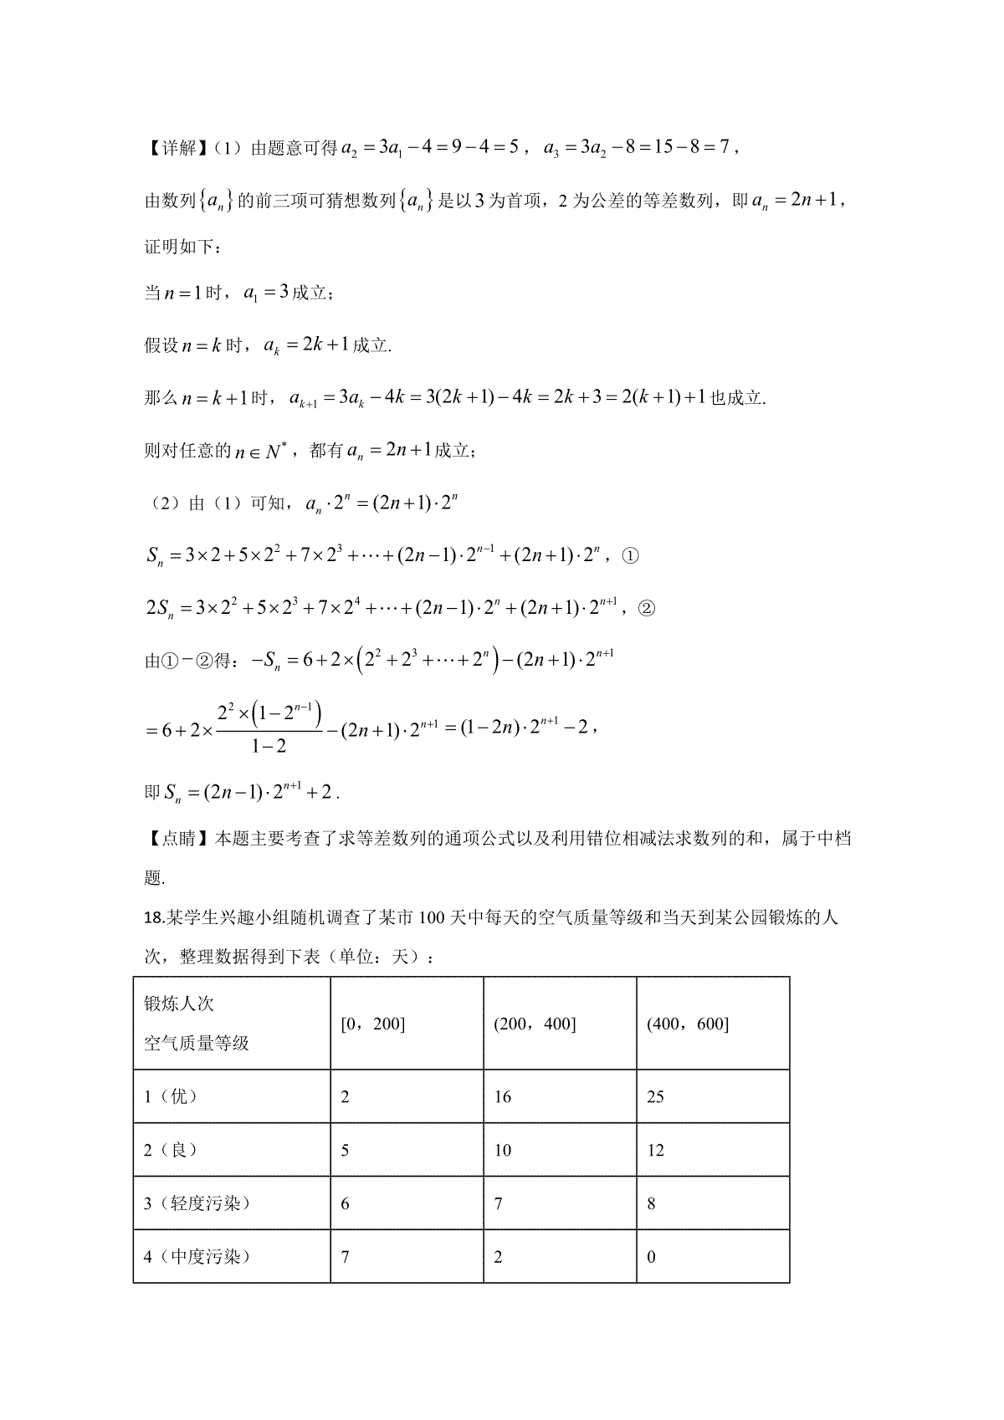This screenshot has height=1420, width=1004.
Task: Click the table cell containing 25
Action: pyautogui.click(x=655, y=1096)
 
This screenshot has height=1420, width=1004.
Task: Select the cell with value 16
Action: pyautogui.click(x=502, y=1096)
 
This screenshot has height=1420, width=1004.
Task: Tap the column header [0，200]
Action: pyautogui.click(x=373, y=1024)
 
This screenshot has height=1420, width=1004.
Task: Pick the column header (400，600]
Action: pyautogui.click(x=688, y=1024)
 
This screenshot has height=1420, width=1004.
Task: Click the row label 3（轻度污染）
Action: pyautogui.click(x=197, y=1203)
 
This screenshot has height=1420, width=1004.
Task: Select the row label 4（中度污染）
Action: pyautogui.click(x=197, y=1256)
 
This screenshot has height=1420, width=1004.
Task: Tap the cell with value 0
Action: pyautogui.click(x=652, y=1257)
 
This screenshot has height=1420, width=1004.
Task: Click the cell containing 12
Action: pyautogui.click(x=655, y=1150)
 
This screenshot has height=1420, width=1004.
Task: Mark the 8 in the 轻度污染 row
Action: pyautogui.click(x=652, y=1203)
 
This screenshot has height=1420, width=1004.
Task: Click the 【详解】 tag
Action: pyautogui.click(x=172, y=149)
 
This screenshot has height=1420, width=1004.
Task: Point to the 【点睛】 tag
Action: pyautogui.click(x=172, y=838)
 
